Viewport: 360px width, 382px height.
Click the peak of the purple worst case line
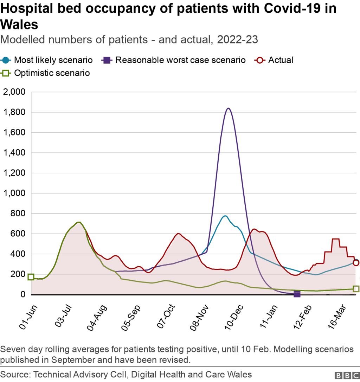228,108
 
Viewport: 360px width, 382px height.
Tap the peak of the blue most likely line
225,216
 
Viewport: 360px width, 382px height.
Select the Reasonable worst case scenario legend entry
174,60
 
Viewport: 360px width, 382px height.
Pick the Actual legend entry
274,60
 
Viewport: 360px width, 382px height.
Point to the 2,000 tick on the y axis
14,92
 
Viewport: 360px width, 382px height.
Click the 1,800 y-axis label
14,113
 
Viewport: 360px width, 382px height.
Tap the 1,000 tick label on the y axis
14,193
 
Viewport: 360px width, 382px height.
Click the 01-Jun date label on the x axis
28,317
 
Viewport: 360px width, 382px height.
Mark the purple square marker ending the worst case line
297,294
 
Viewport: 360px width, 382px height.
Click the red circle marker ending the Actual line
356,263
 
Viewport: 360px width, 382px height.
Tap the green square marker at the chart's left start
31,277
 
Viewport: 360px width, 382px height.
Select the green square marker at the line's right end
356,289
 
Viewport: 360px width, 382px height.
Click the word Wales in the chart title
19,25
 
